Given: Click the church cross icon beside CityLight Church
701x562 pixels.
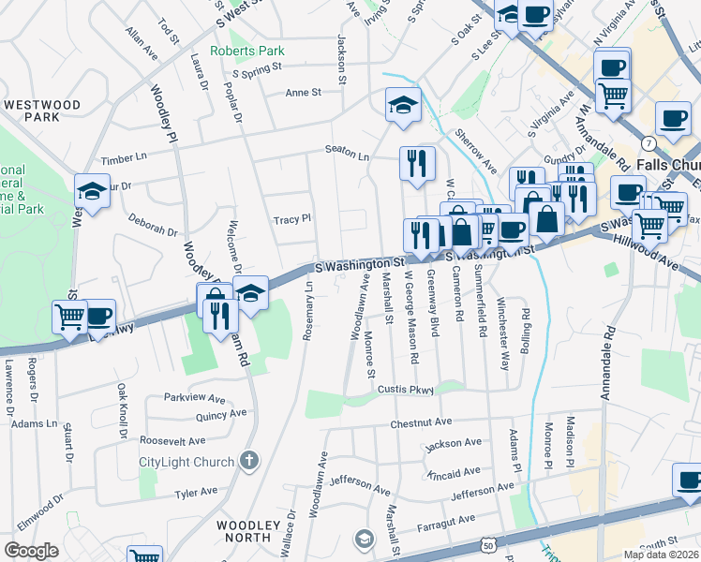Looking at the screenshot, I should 247,460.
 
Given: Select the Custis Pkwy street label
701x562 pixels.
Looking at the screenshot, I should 407,389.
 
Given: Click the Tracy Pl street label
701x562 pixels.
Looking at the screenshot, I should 291,219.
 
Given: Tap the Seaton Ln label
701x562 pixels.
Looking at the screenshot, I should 347,150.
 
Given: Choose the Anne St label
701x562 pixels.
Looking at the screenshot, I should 303,93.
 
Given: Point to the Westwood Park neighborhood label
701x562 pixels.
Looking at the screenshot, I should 42,111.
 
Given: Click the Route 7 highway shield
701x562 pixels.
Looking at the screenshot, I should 649,141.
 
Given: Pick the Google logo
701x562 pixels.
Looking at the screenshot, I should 31,551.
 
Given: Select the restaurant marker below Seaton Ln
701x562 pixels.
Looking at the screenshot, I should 416,163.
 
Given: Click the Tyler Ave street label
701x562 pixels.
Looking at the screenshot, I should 196,493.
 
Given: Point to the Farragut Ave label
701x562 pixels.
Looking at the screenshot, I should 447,521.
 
